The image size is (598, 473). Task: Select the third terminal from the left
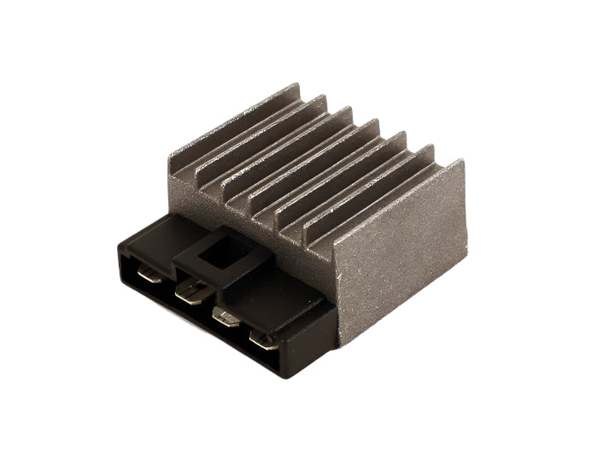(x=226, y=320)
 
